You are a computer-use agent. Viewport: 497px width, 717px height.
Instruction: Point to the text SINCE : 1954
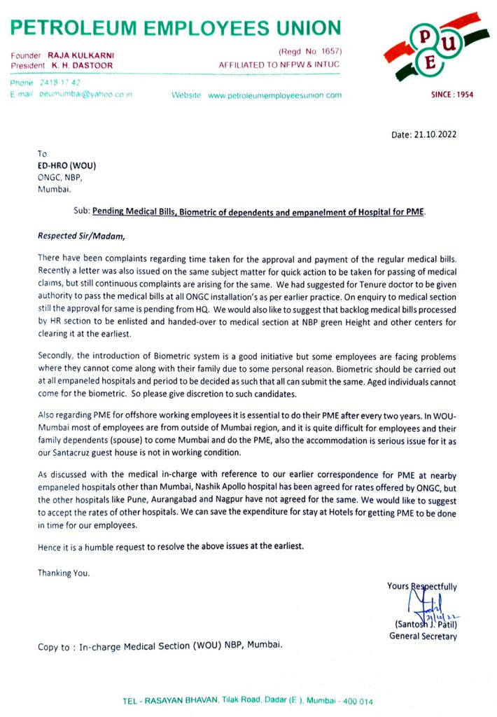click(x=450, y=94)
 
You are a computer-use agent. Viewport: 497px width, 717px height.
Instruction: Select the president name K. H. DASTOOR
click(x=82, y=65)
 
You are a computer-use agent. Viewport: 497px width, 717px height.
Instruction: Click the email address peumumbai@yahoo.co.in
click(x=86, y=94)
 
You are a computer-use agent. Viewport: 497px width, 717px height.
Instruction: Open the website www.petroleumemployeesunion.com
click(x=275, y=95)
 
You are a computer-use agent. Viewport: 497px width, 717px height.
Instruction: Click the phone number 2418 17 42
click(x=62, y=83)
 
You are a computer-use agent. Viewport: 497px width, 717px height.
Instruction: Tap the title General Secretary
click(x=423, y=636)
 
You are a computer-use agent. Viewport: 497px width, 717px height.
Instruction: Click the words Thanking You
click(x=64, y=573)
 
